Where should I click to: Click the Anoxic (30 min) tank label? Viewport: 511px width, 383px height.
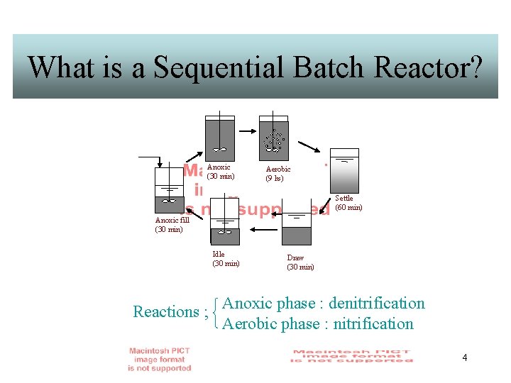[220, 172]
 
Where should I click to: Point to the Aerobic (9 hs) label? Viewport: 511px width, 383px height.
[278, 174]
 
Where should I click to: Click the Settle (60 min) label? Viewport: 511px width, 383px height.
[348, 203]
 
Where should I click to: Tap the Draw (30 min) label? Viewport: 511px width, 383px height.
[300, 262]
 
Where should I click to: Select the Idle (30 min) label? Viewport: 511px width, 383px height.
[226, 259]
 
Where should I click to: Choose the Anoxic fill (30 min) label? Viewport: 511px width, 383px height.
[171, 225]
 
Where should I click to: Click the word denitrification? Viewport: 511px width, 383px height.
[377, 304]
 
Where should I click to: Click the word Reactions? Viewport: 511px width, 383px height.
[166, 312]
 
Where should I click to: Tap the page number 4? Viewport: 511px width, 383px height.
[464, 357]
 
